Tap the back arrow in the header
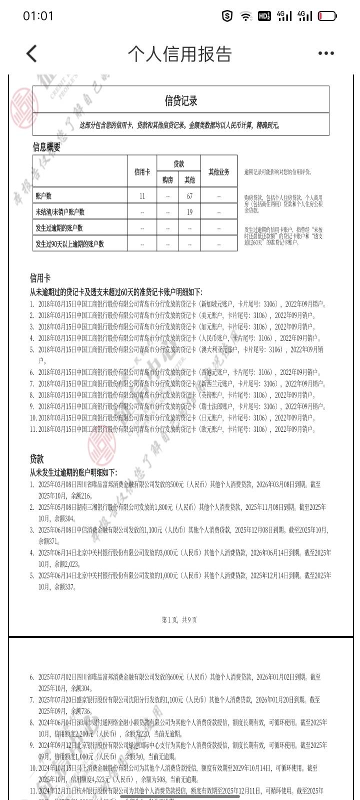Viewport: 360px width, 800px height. point(31,53)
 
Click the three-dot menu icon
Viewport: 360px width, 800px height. point(326,53)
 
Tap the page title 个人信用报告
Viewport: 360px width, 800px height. point(180,53)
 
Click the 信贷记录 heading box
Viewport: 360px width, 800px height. point(181,100)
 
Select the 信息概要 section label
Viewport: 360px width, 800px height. point(46,147)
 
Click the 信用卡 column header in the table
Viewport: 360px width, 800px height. point(142,171)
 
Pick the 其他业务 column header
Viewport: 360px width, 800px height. point(218,171)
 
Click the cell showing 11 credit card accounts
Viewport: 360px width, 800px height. point(142,196)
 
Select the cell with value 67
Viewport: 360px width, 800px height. point(189,196)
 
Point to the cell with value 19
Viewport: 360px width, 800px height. point(189,212)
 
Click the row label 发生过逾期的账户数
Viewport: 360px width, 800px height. point(59,228)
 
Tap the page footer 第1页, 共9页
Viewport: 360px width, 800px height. point(179,619)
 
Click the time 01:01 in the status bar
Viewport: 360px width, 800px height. point(38,16)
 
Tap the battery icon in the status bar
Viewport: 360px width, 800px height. point(327,16)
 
